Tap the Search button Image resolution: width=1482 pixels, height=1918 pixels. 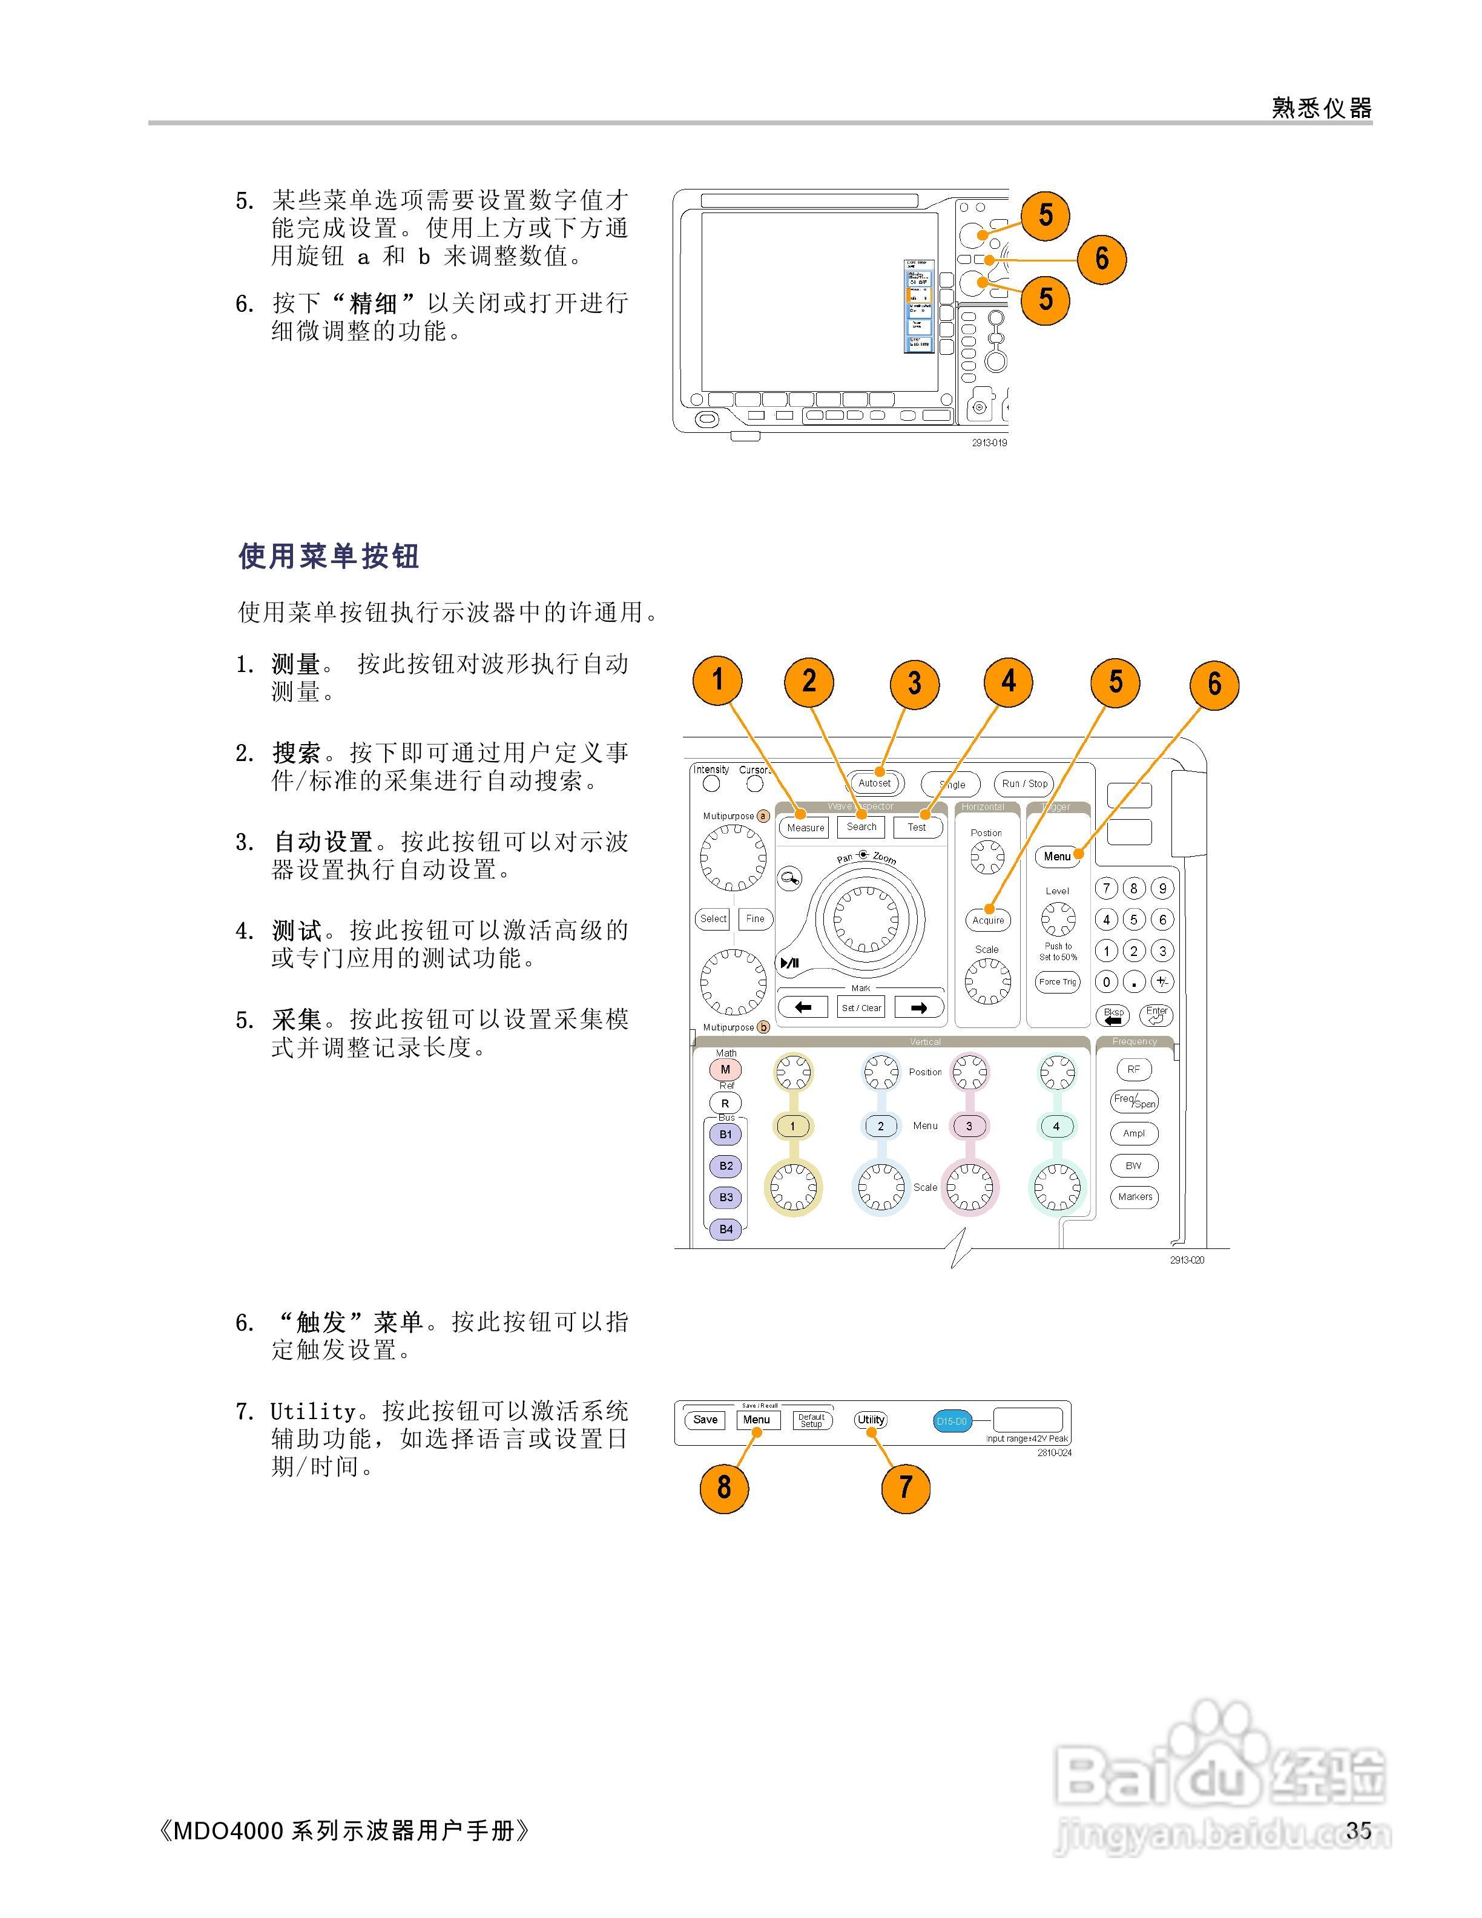[861, 826]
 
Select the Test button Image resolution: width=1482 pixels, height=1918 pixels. [917, 826]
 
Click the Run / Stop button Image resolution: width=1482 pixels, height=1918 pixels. [1024, 783]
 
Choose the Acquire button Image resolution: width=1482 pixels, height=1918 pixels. [988, 920]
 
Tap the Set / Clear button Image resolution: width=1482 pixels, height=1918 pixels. [860, 1007]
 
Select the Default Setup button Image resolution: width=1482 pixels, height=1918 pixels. [811, 1420]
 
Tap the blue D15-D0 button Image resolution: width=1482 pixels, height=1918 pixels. [951, 1421]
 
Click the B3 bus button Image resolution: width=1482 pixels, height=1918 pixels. [726, 1197]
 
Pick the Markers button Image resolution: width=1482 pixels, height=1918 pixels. [1135, 1196]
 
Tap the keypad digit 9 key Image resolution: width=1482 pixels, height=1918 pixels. [1162, 888]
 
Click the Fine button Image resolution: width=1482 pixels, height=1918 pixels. [755, 918]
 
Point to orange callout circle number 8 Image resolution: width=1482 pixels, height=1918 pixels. [723, 1487]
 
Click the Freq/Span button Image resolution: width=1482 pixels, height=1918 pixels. [1135, 1101]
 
